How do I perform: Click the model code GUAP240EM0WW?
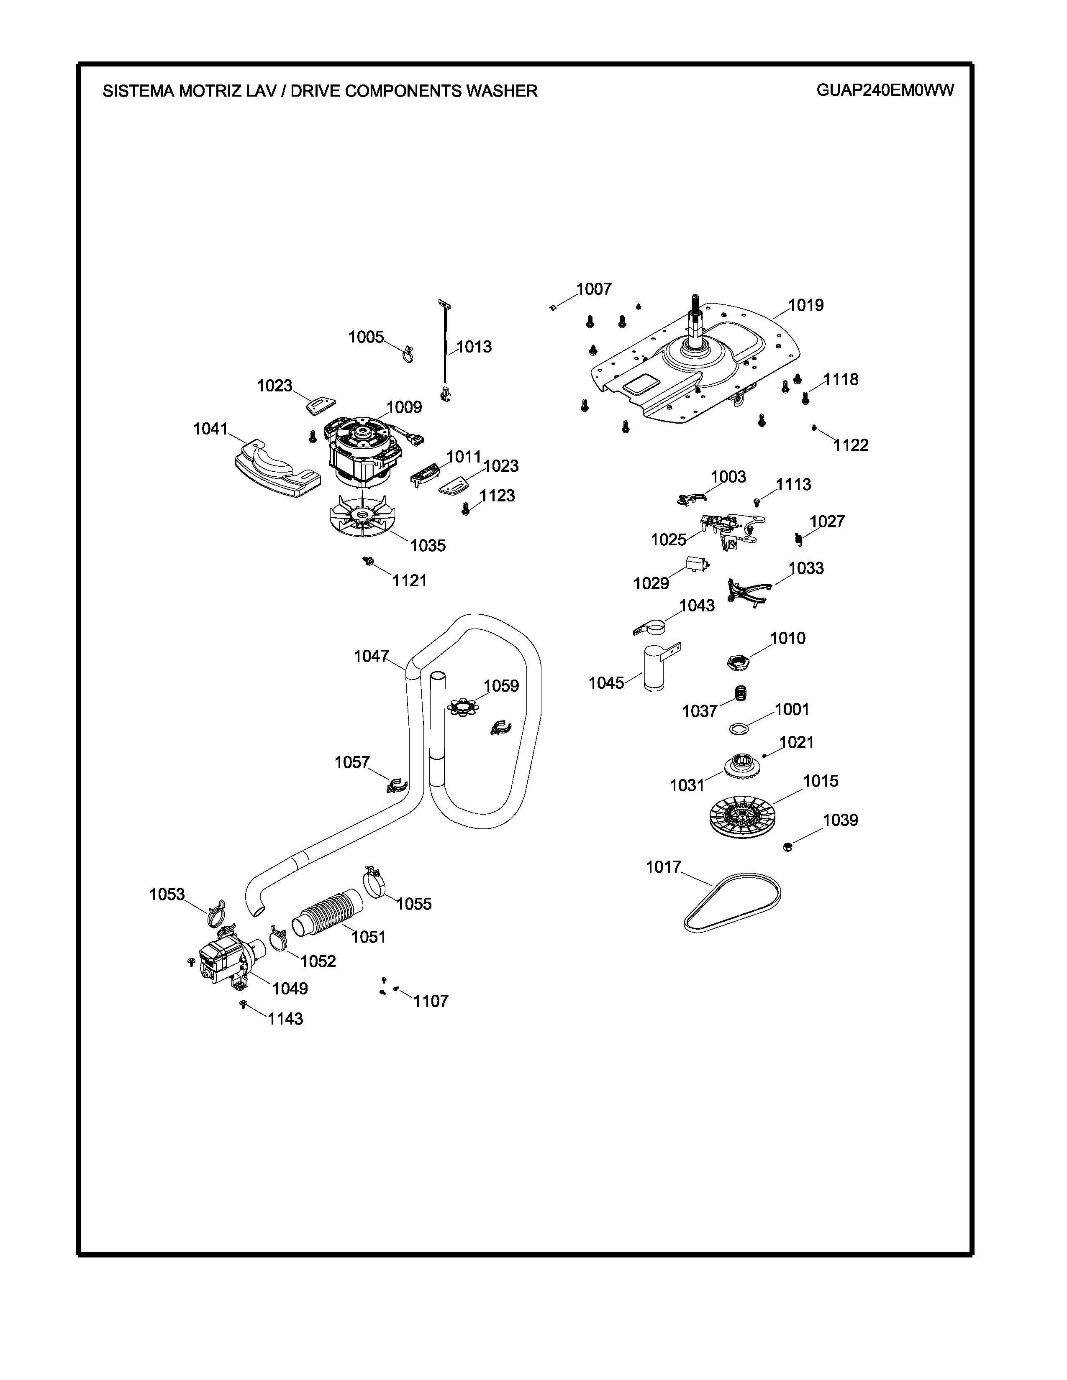pos(885,90)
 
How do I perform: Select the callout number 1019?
pos(806,305)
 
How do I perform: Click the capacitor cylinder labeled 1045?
pos(654,667)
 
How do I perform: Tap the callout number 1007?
pos(594,289)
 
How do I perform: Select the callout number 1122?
pos(851,445)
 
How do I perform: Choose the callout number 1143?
pos(285,1019)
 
